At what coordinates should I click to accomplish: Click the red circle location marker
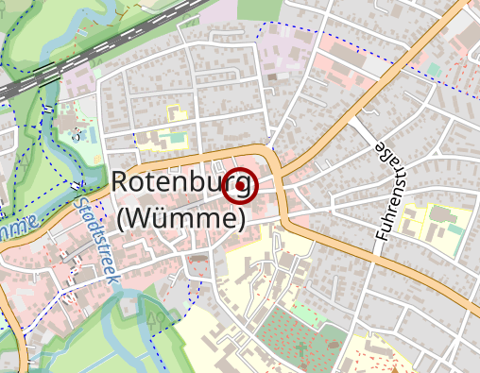(240, 186)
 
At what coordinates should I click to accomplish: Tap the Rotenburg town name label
(180, 182)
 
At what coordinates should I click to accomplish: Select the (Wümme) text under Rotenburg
(182, 218)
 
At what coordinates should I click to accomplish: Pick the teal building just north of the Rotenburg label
(174, 141)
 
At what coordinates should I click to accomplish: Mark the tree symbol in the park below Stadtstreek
(156, 318)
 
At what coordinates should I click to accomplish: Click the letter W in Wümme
(147, 218)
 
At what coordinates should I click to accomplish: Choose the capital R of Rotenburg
(120, 182)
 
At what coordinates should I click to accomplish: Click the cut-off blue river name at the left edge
(14, 230)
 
